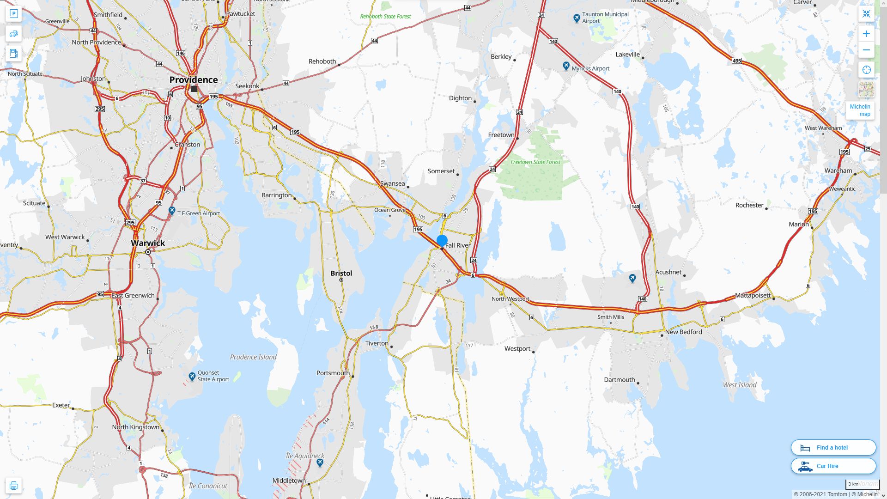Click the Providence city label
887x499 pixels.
193,80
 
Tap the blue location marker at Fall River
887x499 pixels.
442,241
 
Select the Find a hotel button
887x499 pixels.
833,447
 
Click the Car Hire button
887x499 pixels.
833,466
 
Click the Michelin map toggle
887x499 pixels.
860,110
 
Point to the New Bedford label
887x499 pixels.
683,332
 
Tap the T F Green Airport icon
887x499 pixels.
172,211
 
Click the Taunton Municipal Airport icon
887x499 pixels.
577,18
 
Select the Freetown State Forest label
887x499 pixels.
535,162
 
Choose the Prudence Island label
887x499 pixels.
253,357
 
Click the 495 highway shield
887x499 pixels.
736,61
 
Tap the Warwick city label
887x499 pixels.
148,243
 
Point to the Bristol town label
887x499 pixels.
341,273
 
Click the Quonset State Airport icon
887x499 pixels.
192,376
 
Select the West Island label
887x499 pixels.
740,385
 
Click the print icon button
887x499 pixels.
14,486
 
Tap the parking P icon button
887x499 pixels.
14,14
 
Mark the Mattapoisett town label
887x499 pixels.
753,295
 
